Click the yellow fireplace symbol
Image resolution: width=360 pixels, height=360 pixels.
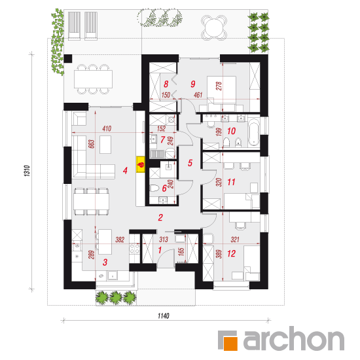[141, 164]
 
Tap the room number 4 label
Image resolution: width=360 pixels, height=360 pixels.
[125, 171]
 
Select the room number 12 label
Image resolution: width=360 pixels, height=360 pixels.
[232, 253]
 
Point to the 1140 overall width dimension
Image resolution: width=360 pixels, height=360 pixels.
[164, 316]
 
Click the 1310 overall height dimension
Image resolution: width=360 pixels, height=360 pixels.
[27, 171]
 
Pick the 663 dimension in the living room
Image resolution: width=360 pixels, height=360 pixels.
[92, 144]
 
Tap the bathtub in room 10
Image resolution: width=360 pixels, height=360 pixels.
[253, 132]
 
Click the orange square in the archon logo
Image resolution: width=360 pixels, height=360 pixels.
[230, 344]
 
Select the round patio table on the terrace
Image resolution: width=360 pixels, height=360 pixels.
[214, 27]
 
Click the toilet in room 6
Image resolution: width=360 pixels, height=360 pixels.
[154, 189]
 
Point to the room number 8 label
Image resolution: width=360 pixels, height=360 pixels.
[166, 84]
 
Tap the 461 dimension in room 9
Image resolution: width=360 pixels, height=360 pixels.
[198, 95]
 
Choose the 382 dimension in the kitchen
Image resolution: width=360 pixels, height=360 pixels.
[120, 240]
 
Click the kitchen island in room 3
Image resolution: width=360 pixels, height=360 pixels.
[105, 242]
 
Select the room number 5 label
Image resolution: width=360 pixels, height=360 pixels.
[190, 163]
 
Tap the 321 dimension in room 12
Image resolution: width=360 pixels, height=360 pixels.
[235, 240]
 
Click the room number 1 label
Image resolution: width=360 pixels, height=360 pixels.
[160, 250]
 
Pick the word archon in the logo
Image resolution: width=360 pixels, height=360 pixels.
[294, 339]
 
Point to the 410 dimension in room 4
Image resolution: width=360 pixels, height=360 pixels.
[107, 128]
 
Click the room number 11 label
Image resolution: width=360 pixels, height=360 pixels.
[231, 183]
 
